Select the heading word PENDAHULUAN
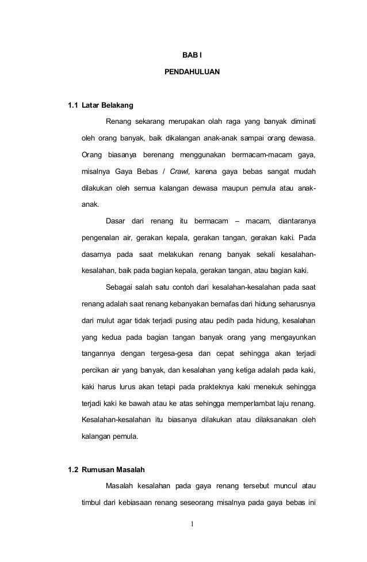[x=192, y=74]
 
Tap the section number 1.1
[x=72, y=106]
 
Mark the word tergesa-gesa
[x=171, y=352]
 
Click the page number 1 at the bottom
[x=192, y=525]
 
